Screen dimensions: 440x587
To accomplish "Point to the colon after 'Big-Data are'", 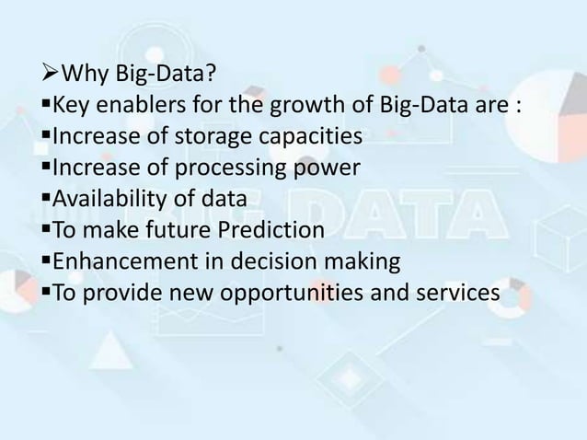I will tap(520, 107).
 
